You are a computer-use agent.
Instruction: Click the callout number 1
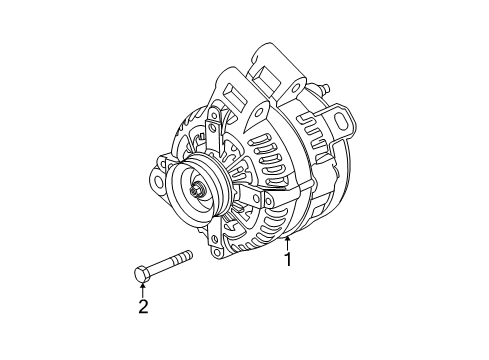point(290,262)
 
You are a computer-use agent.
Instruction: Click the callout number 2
point(143,306)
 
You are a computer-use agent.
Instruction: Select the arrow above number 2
point(143,289)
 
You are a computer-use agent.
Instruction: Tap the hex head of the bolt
point(141,272)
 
